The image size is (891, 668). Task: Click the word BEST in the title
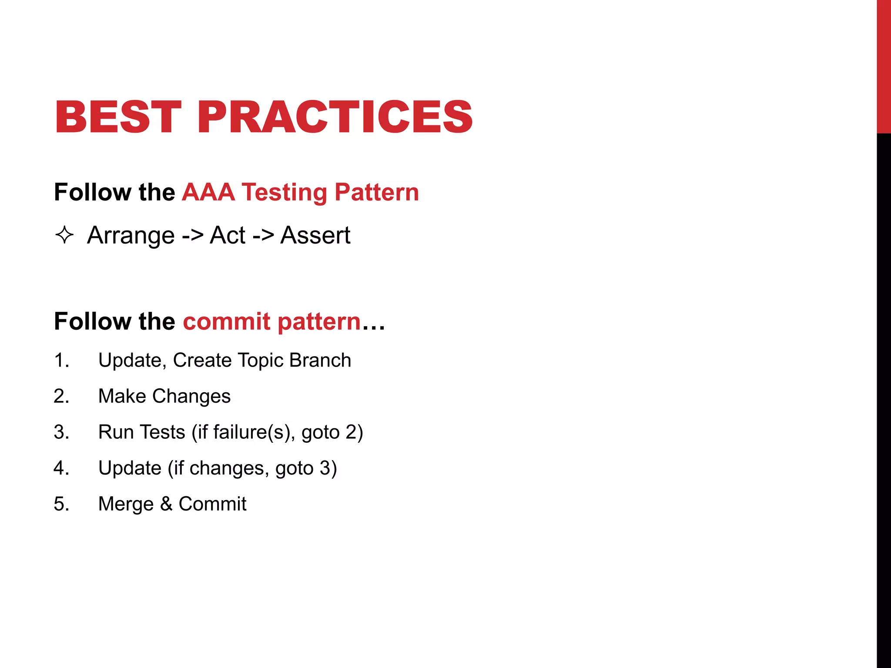[x=117, y=117]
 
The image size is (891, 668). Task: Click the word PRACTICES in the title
[x=335, y=117]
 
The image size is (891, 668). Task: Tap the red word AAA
[x=208, y=192]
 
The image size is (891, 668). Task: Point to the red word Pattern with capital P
[x=376, y=192]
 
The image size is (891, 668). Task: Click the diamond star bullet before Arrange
[x=64, y=235]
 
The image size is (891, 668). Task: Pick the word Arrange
[x=131, y=236]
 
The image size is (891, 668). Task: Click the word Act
[x=228, y=235]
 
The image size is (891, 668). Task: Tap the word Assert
[x=315, y=235]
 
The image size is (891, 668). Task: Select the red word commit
[x=227, y=321]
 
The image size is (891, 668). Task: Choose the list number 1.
[x=61, y=361]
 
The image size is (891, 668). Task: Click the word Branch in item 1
[x=320, y=360]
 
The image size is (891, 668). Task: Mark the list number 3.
[x=61, y=432]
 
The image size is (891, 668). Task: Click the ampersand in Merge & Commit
[x=166, y=504]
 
